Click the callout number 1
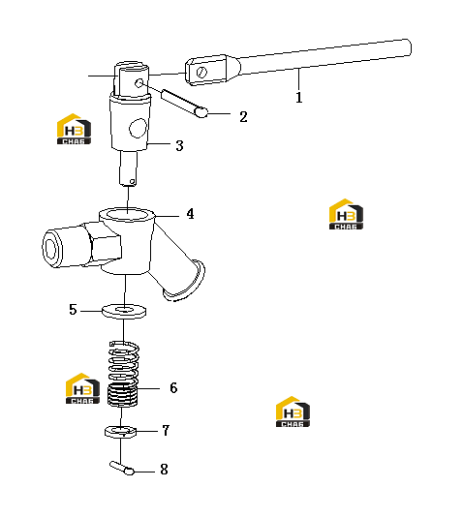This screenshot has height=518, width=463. (298, 98)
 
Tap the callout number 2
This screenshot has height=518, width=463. (243, 117)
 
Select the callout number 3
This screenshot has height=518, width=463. (179, 145)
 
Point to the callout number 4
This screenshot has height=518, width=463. (190, 214)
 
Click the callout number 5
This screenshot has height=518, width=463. (73, 310)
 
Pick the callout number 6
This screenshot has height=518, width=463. (173, 388)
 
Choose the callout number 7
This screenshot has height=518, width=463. (166, 431)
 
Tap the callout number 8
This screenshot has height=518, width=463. (164, 470)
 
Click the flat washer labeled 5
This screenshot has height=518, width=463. (124, 311)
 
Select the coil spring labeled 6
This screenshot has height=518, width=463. (123, 374)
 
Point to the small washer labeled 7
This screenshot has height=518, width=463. (121, 432)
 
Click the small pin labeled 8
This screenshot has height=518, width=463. (122, 468)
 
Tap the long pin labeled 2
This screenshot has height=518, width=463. (184, 103)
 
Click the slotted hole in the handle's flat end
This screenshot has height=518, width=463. (201, 72)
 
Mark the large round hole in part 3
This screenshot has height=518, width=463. (138, 128)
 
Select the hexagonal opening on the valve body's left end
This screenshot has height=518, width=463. (50, 248)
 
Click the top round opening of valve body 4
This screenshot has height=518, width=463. (127, 214)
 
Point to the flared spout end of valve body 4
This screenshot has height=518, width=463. (185, 281)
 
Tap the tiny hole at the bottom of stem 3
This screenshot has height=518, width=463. (132, 181)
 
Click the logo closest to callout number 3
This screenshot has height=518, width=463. (74, 129)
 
